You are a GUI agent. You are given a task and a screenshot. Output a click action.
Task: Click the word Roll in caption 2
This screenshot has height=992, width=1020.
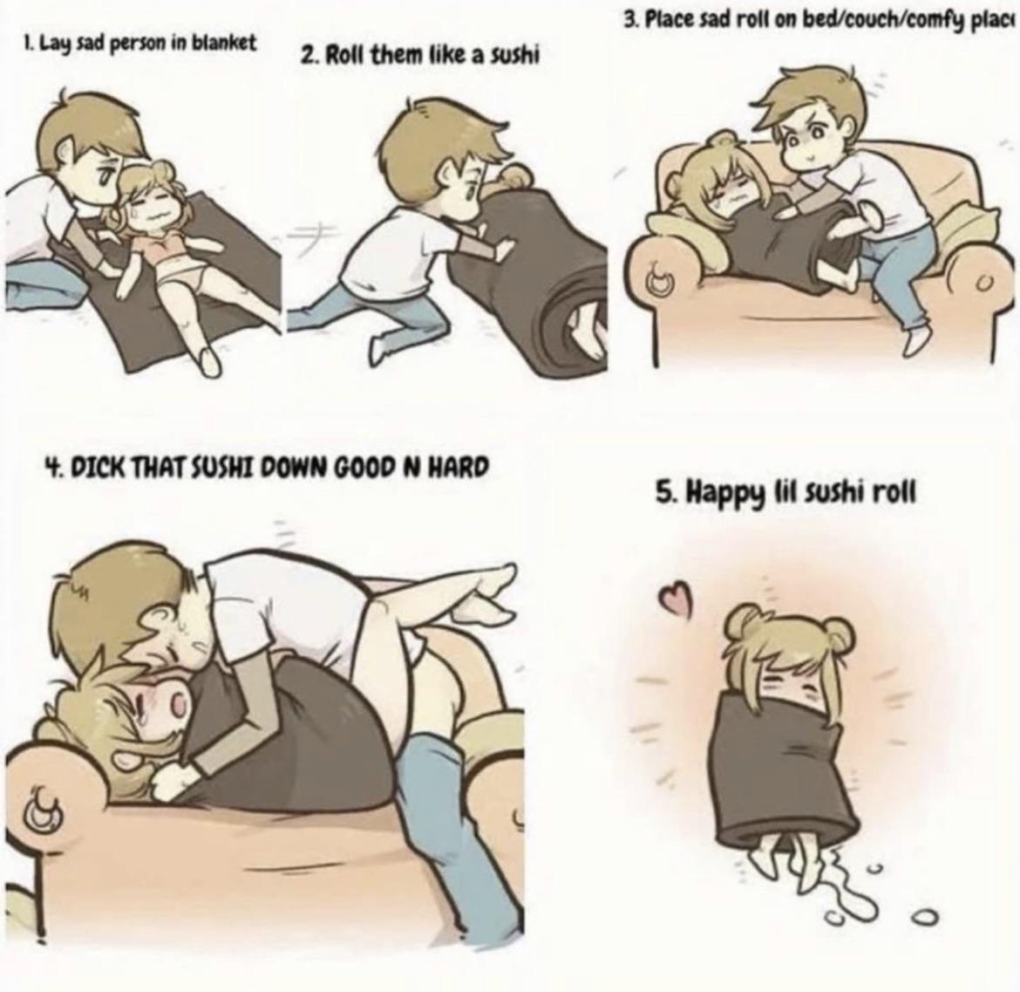pyautogui.click(x=344, y=55)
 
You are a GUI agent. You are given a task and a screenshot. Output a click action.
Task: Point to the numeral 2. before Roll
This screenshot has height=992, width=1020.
pyautogui.click(x=309, y=56)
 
